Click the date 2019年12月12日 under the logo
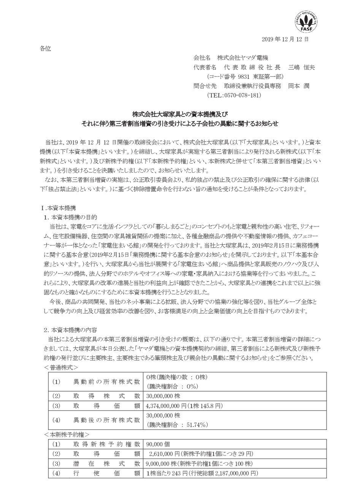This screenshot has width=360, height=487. pyautogui.click(x=285, y=39)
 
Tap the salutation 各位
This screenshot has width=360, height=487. pyautogui.click(x=45, y=48)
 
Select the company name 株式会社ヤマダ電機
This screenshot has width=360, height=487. pyautogui.click(x=243, y=58)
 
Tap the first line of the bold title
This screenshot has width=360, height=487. pyautogui.click(x=180, y=114)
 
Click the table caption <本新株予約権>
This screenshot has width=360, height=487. pyautogui.click(x=67, y=434)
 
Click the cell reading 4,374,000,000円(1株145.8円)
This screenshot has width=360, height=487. pyautogui.click(x=184, y=406)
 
